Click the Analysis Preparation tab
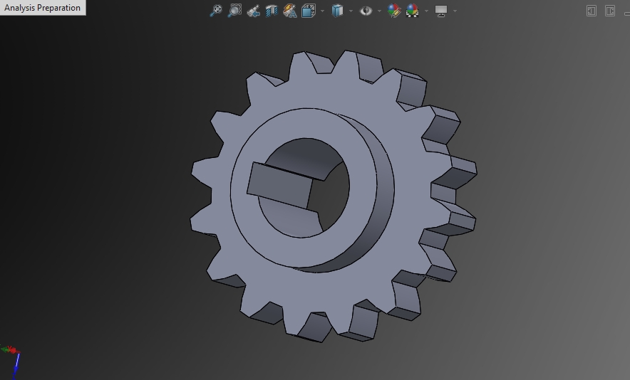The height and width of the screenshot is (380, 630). coord(42,8)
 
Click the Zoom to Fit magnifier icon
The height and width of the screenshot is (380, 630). coord(216,11)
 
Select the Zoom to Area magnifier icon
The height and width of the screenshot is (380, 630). coord(234,11)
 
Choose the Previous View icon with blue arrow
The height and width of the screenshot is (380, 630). coord(253,11)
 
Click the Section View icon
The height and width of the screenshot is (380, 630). coord(272,11)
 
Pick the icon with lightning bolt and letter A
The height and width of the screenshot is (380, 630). coord(289,11)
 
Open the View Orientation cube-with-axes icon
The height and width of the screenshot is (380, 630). coord(309,11)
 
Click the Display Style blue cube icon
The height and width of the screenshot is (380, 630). coord(337,11)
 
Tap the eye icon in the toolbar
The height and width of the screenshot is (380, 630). coord(366,11)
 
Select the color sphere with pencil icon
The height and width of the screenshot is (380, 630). coord(393,11)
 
